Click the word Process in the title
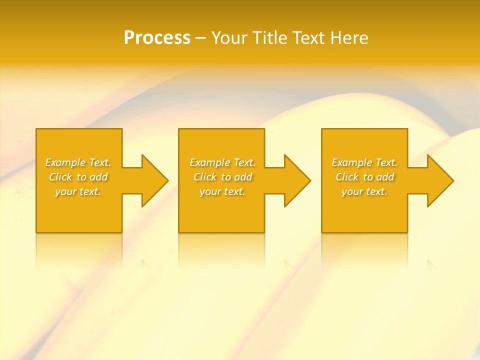[157, 38]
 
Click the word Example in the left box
[65, 162]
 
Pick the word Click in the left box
[60, 177]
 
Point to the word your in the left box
[65, 192]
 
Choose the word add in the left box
[99, 177]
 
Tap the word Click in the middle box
[205, 177]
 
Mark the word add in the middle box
[243, 177]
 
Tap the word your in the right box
[351, 192]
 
